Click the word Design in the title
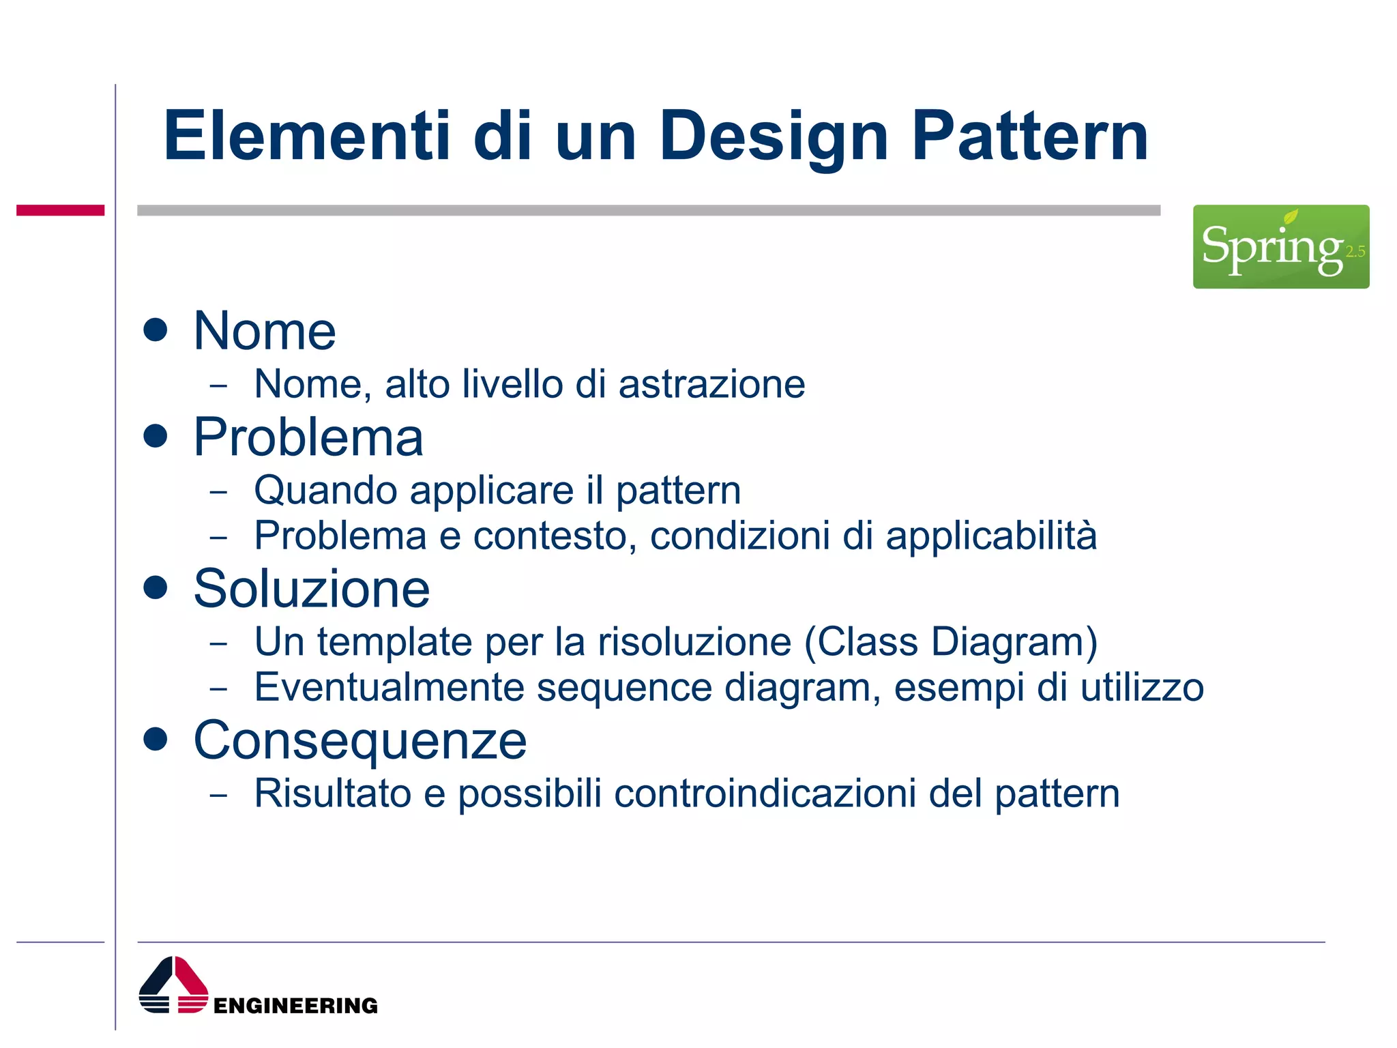(x=774, y=136)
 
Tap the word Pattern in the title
(x=1030, y=136)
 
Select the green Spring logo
(x=1280, y=246)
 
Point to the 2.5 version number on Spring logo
(x=1355, y=252)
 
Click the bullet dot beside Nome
(x=156, y=330)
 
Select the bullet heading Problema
(x=308, y=437)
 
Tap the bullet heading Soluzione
(x=312, y=588)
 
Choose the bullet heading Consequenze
(x=360, y=740)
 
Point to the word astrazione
(x=711, y=384)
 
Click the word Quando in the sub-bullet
(x=325, y=491)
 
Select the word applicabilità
(x=991, y=536)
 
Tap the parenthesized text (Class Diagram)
(x=951, y=643)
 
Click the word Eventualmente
(x=389, y=687)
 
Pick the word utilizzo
(x=1142, y=687)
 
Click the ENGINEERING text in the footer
(x=295, y=1006)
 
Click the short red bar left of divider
(x=60, y=210)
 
